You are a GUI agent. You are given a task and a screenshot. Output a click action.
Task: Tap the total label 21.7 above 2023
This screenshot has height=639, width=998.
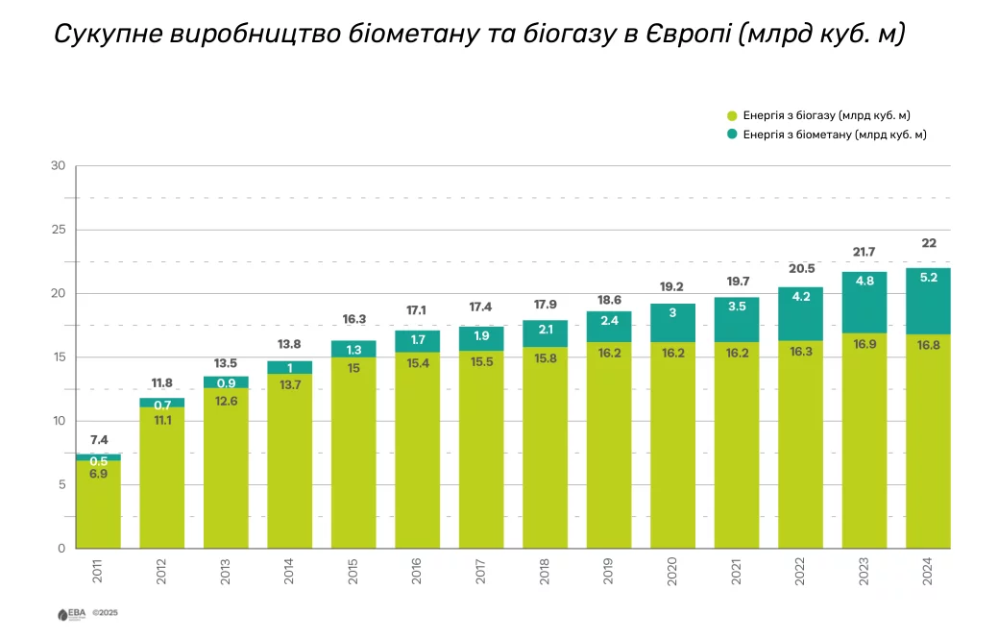[864, 252]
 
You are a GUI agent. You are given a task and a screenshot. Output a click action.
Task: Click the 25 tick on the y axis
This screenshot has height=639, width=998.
[58, 230]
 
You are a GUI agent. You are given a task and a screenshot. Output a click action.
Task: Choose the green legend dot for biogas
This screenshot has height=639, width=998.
[732, 114]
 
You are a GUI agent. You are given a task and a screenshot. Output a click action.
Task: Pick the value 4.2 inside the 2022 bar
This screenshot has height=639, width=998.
[800, 297]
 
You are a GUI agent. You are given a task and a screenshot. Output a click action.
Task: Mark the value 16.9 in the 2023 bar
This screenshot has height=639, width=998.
[864, 344]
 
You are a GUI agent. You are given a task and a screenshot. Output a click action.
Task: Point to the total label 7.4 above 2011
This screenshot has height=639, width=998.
[99, 440]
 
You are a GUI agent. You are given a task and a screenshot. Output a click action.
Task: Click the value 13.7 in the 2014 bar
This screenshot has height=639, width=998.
[290, 384]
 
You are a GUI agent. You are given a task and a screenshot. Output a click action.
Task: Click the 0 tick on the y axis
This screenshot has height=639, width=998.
[61, 549]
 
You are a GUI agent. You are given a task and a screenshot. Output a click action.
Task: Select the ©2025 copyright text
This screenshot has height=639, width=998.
[104, 612]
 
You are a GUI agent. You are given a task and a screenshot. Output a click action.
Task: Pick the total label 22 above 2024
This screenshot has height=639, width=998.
[929, 243]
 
